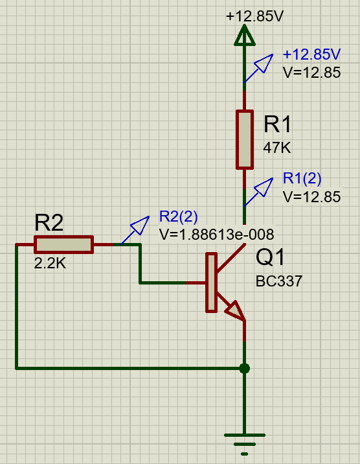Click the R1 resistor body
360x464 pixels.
245,140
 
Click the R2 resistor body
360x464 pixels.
64,245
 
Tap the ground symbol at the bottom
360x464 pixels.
245,444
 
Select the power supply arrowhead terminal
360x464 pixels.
245,35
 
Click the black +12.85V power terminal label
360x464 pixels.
254,16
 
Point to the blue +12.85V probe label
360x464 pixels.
311,54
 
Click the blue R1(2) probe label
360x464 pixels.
302,178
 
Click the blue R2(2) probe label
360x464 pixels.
178,216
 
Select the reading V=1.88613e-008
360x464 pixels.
217,235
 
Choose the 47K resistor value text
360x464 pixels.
277,148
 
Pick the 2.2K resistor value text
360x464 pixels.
50,263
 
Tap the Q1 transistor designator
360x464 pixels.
270,257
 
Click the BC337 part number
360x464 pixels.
279,281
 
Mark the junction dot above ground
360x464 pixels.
245,369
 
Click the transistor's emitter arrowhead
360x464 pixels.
236,310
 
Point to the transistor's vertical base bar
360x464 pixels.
211,283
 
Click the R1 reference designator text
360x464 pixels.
277,124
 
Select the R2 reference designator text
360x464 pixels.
49,222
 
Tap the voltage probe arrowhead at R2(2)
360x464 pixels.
140,225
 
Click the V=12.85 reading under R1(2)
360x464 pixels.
312,197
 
